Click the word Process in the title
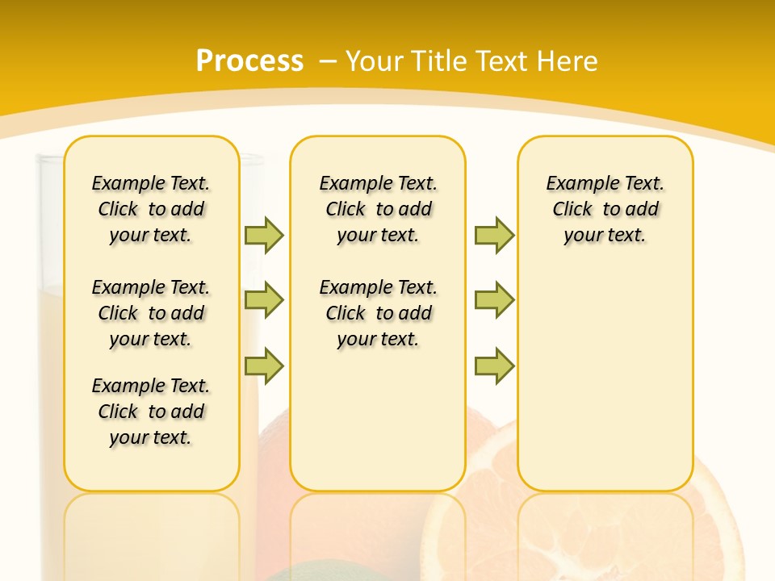249,61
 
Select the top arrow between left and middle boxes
264,235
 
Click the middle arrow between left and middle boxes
264,300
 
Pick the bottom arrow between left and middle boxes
264,366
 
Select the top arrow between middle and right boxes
494,235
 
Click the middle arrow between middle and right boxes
494,300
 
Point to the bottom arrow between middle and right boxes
494,366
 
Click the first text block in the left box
151,209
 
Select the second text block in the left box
151,313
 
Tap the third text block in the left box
151,412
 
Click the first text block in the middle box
379,209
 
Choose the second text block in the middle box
379,313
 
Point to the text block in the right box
605,209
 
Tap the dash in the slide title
328,61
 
